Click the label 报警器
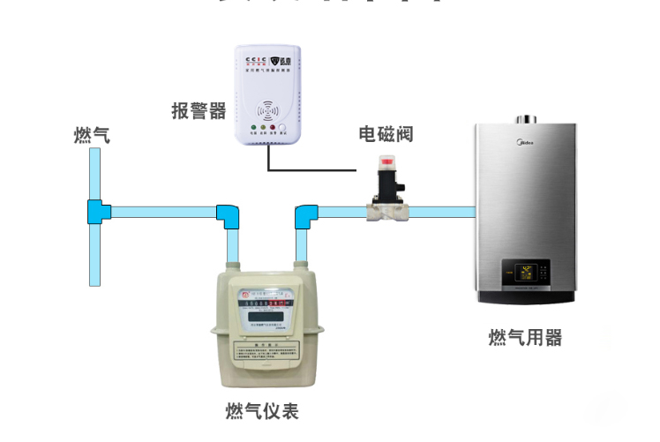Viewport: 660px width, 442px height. [x=199, y=111]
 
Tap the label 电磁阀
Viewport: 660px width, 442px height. [x=386, y=134]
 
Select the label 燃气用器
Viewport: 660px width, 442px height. [x=525, y=338]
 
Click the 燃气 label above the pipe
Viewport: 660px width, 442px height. [x=92, y=135]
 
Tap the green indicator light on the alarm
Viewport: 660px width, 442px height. [x=254, y=129]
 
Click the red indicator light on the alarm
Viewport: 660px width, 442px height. [x=286, y=129]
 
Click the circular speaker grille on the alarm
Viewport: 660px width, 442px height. [x=270, y=112]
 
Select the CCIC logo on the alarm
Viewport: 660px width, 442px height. [x=254, y=61]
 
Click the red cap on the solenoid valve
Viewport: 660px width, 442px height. [x=387, y=162]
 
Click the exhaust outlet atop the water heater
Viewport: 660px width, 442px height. [x=527, y=117]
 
